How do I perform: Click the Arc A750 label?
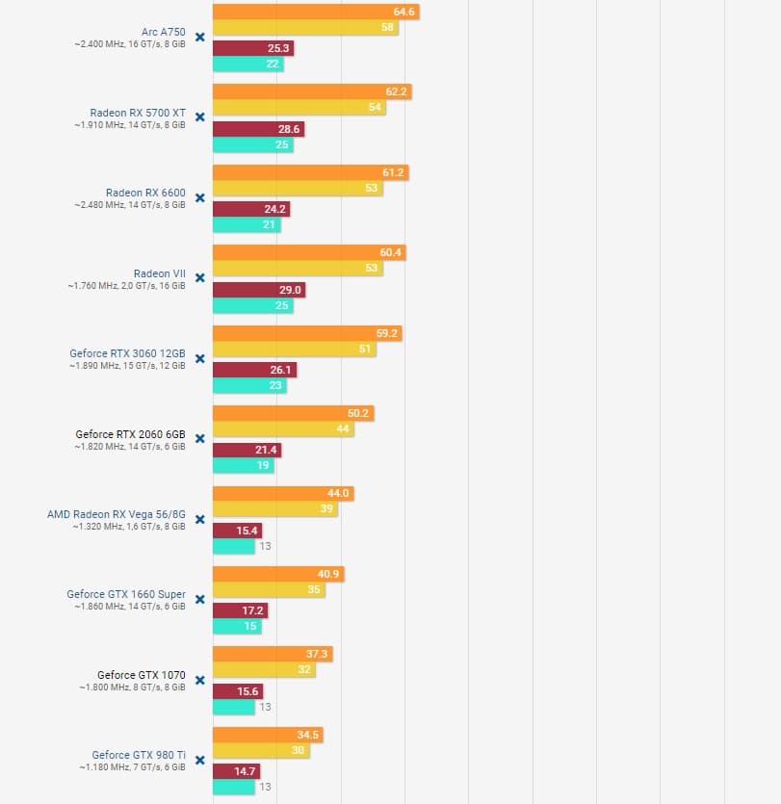163,32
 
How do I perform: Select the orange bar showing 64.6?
316,12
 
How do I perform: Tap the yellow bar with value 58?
305,28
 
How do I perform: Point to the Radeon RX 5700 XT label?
138,113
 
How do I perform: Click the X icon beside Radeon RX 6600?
200,197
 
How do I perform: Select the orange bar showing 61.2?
310,172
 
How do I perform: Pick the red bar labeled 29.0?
258,289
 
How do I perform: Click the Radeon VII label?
159,273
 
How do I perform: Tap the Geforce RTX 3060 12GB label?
127,353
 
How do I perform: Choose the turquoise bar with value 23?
248,385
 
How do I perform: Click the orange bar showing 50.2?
293,413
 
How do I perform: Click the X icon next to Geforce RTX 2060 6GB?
200,438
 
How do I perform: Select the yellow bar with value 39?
274,509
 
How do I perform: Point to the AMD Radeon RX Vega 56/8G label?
116,514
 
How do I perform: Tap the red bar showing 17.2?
240,610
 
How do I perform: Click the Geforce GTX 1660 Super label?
126,594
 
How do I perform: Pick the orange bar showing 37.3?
273,654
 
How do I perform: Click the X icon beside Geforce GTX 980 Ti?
200,760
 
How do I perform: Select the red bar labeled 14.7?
236,771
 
